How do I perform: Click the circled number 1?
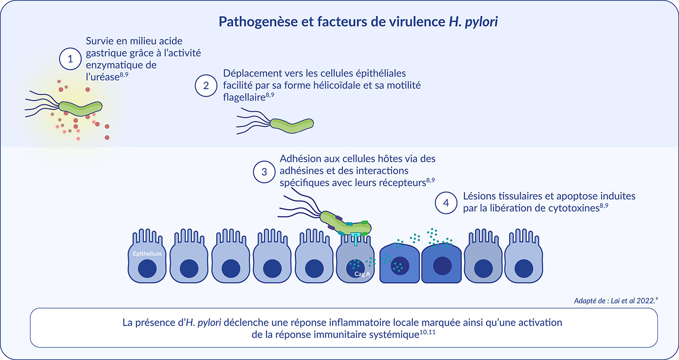[x=70, y=60]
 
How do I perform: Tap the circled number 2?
[x=206, y=86]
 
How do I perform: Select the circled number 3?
[x=264, y=171]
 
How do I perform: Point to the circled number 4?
[x=446, y=203]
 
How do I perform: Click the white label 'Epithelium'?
[x=147, y=254]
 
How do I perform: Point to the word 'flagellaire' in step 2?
[x=245, y=97]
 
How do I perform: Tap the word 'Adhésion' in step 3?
[x=300, y=159]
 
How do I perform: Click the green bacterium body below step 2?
[x=291, y=124]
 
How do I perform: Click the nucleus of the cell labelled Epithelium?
[x=147, y=268]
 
